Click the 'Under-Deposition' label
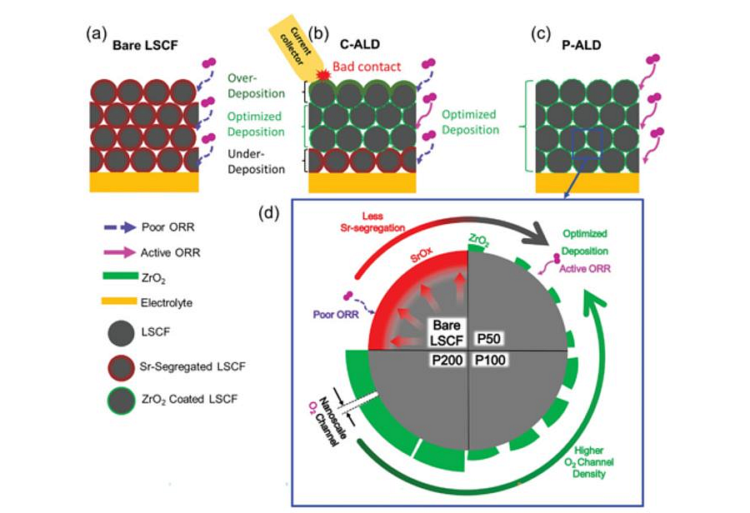click(255, 162)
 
